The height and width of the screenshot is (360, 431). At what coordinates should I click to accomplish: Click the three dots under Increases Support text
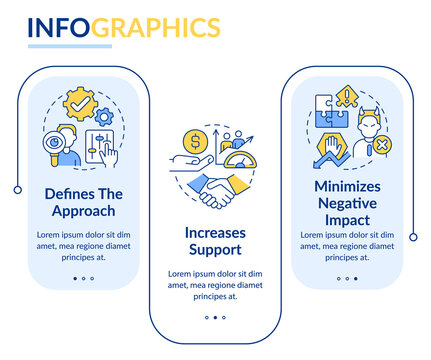(x=215, y=318)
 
